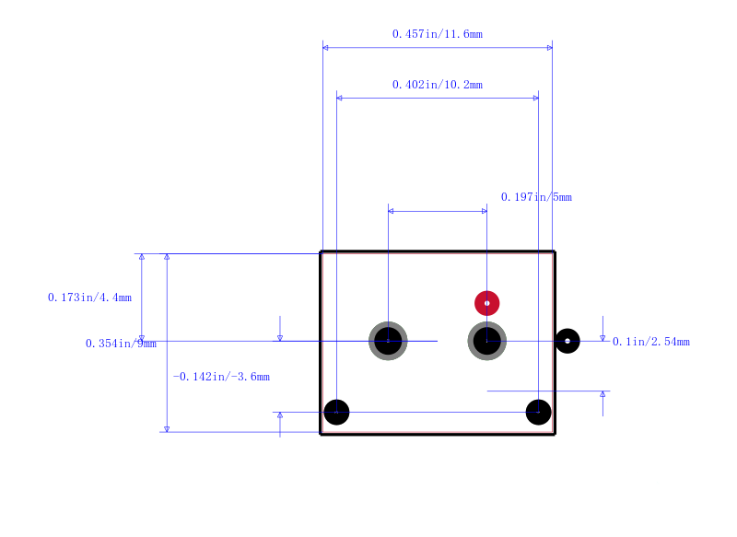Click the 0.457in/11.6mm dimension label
tap(437, 34)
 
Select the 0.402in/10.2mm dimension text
tap(437, 85)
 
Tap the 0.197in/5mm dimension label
tap(536, 197)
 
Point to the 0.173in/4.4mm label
tap(89, 298)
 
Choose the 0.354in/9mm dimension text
tap(121, 344)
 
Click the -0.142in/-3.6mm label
tap(221, 377)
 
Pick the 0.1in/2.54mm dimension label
tap(651, 342)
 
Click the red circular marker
tap(487, 303)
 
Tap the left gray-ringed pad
tap(388, 341)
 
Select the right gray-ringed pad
tap(487, 341)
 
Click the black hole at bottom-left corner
tap(336, 412)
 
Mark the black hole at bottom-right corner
tap(539, 412)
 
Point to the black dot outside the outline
tap(567, 341)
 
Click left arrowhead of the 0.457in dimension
tap(325, 48)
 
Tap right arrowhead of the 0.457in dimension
tap(550, 48)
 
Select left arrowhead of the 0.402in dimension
tap(339, 98)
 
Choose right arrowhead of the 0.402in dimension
tap(536, 98)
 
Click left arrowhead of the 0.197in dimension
tap(391, 211)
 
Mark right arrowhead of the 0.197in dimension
tap(485, 211)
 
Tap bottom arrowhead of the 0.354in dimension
tap(167, 429)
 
